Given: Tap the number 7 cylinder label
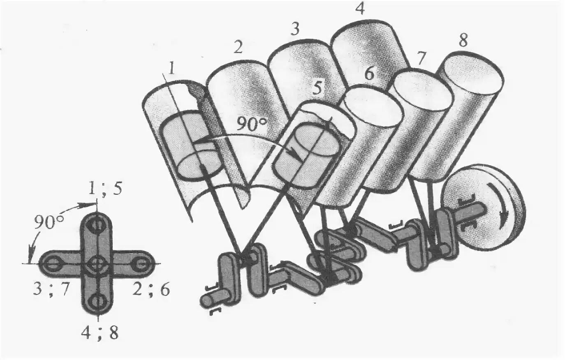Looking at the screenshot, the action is (420, 58).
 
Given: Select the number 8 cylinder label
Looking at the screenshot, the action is (463, 40).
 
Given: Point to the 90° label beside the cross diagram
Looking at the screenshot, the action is (49, 222).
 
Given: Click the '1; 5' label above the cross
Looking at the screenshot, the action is (105, 188).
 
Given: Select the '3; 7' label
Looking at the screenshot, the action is (51, 290).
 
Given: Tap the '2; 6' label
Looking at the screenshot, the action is (151, 290).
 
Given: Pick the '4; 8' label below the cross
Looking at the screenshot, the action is (100, 333).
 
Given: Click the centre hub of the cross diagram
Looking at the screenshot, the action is (97, 263).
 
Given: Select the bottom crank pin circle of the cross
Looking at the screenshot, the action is (97, 301).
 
